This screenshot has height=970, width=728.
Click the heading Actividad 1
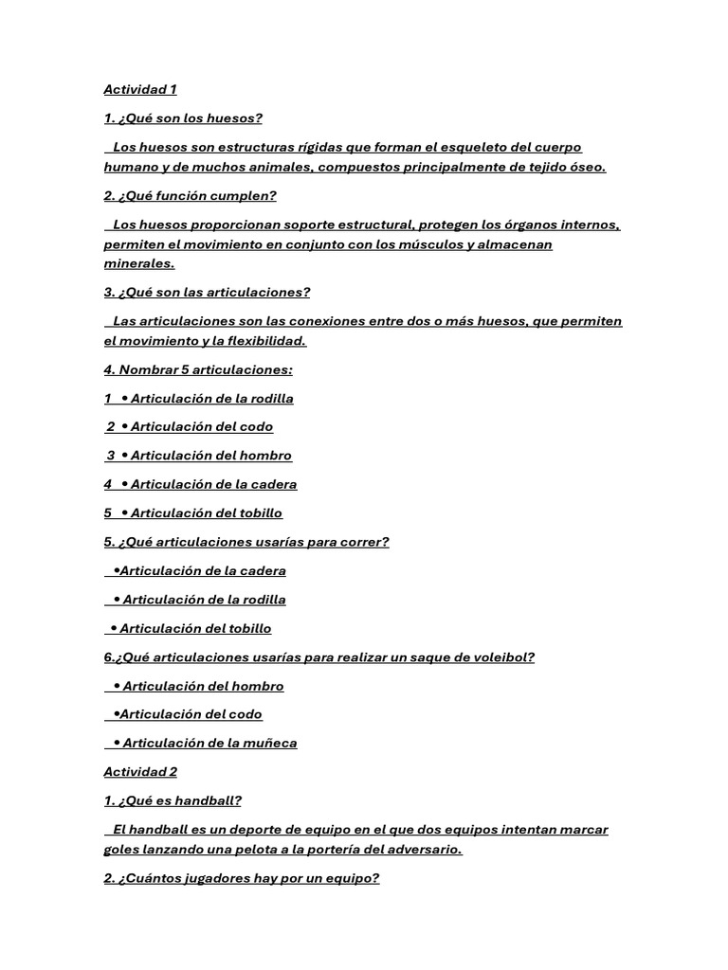pyautogui.click(x=140, y=90)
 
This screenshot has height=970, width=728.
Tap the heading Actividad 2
pyautogui.click(x=140, y=772)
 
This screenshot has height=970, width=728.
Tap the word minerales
pyautogui.click(x=139, y=264)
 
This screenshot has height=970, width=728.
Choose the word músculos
pyautogui.click(x=428, y=244)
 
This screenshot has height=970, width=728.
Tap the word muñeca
pyautogui.click(x=270, y=744)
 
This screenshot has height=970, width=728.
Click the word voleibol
pyautogui.click(x=499, y=657)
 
